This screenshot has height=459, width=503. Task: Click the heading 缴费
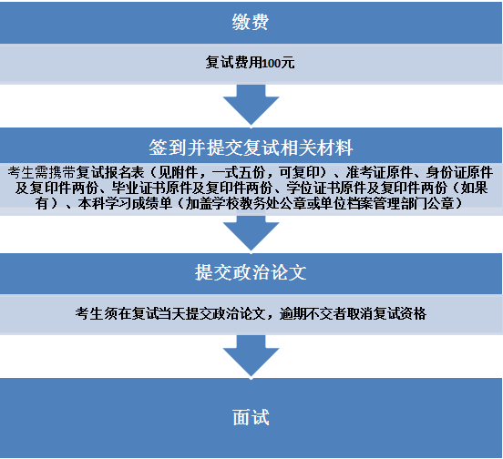[x=251, y=23]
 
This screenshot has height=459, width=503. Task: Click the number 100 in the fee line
[x=272, y=63]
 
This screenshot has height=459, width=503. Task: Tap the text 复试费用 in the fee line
[x=234, y=63]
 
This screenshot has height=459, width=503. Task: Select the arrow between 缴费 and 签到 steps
[x=251, y=105]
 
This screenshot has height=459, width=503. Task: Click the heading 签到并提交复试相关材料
[x=251, y=148]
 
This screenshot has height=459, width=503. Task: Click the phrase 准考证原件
[x=379, y=173]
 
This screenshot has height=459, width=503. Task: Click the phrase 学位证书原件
[x=320, y=189]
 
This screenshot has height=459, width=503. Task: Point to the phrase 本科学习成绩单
[x=125, y=203]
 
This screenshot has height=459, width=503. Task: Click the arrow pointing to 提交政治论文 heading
[x=251, y=233]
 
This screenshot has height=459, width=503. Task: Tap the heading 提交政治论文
[x=251, y=273]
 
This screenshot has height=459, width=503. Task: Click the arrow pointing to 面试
[x=251, y=356]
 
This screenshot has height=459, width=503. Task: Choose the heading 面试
[x=251, y=418]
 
